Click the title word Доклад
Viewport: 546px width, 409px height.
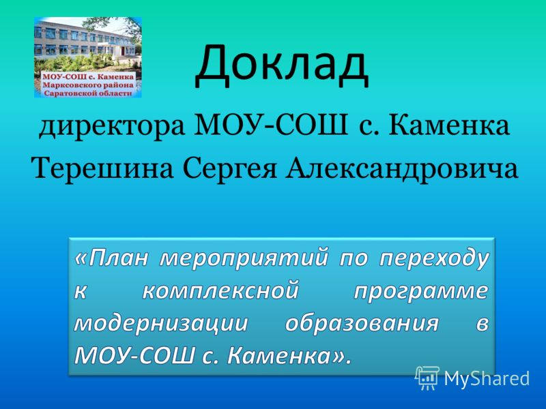[282, 65]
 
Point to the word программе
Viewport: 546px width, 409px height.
[421, 291]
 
